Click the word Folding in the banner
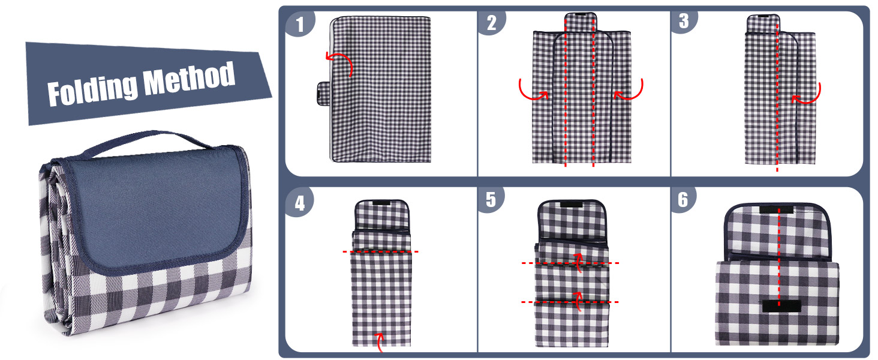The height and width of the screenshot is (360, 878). coord(92,90)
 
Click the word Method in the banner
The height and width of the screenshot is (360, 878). coord(189,79)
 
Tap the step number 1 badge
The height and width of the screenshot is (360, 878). coord(300,24)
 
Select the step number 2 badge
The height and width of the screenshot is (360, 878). coord(492,23)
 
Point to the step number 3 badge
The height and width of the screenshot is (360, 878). coord(684,22)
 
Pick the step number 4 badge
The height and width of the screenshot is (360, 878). coord(300,202)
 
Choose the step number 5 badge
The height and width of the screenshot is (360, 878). coord(491,200)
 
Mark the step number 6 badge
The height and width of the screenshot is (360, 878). coord(683,200)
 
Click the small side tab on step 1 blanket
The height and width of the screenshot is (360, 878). coord(324,94)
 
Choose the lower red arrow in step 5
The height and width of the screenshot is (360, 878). coord(578,301)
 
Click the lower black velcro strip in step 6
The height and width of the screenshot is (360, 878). coord(781,306)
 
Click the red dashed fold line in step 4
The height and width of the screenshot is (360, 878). coord(381,251)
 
